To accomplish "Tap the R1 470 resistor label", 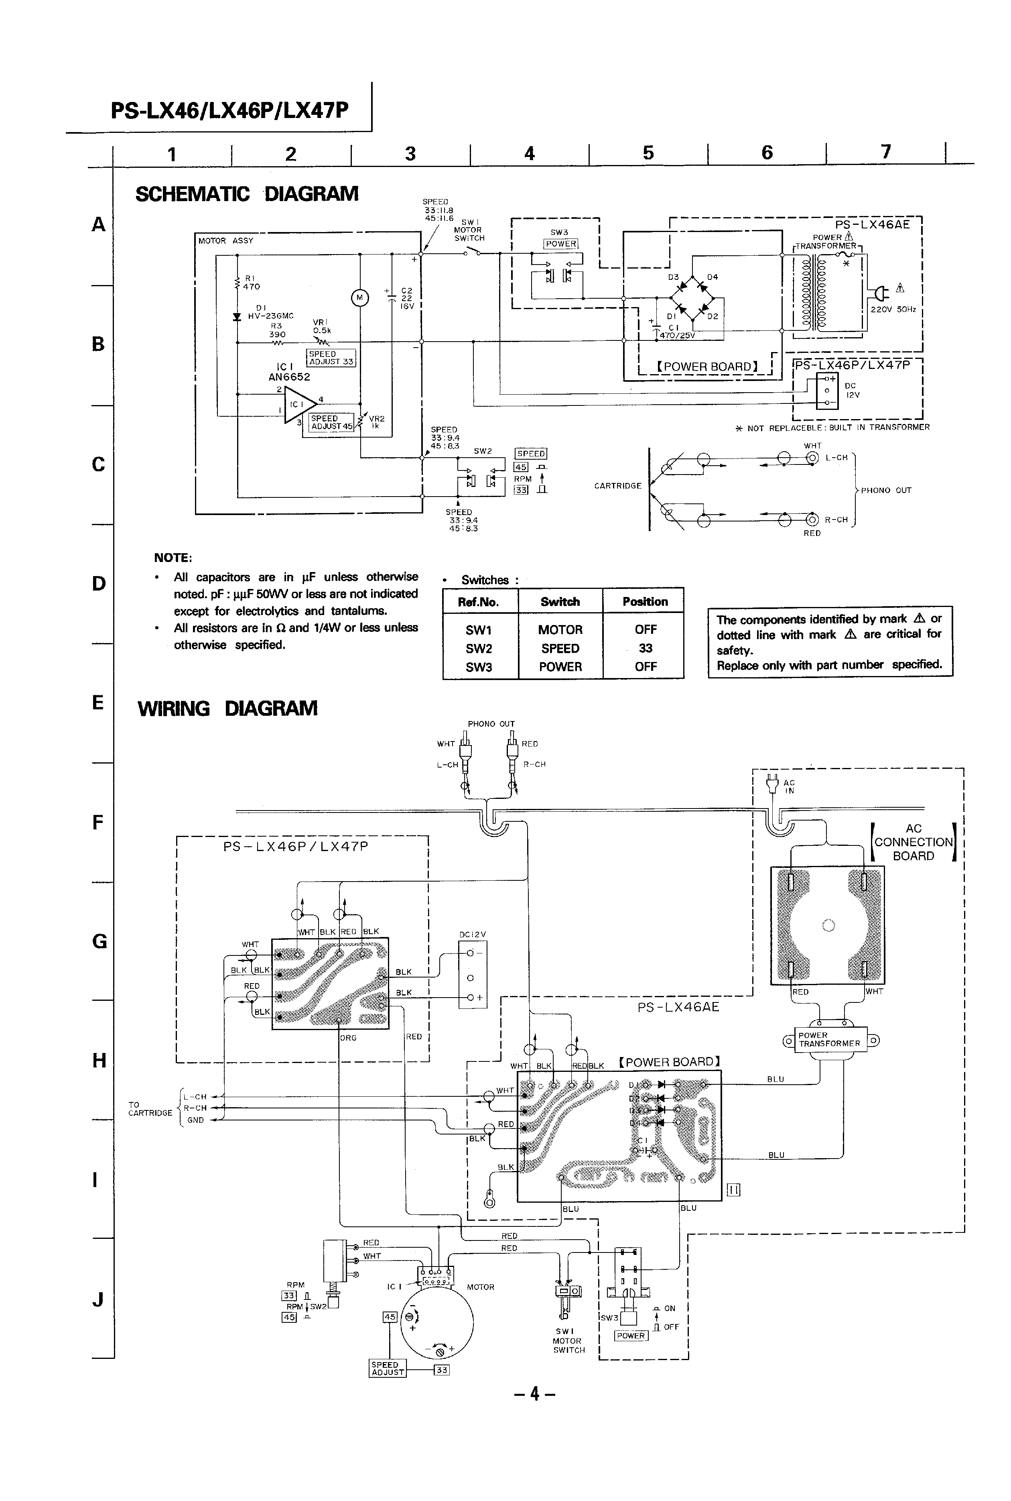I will pyautogui.click(x=251, y=283).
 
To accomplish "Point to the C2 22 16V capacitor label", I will pyautogui.click(x=406, y=298).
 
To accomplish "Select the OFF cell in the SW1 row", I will pyautogui.click(x=645, y=629).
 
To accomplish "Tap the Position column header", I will pyautogui.click(x=645, y=602).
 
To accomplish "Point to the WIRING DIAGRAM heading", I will pyautogui.click(x=227, y=708).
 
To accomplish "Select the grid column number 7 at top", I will pyautogui.click(x=885, y=152).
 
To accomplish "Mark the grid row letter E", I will pyautogui.click(x=98, y=703).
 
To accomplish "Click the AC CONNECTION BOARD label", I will pyautogui.click(x=913, y=842).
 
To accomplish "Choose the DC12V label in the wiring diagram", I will pyautogui.click(x=473, y=935).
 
